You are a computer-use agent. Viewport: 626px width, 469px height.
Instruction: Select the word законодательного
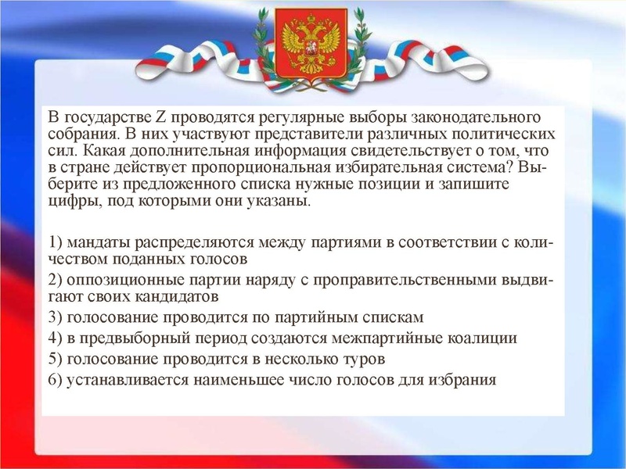pos(485,118)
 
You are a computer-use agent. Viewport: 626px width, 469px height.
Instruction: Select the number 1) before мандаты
pos(56,242)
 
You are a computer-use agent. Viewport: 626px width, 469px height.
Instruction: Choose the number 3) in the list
pos(56,318)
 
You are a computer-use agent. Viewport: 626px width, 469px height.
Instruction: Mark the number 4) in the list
pos(56,339)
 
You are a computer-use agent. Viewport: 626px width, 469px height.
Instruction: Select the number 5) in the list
pos(56,360)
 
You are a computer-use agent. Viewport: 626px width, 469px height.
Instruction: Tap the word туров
pos(365,360)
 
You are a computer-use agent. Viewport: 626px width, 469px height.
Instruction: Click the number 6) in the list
pos(56,381)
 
